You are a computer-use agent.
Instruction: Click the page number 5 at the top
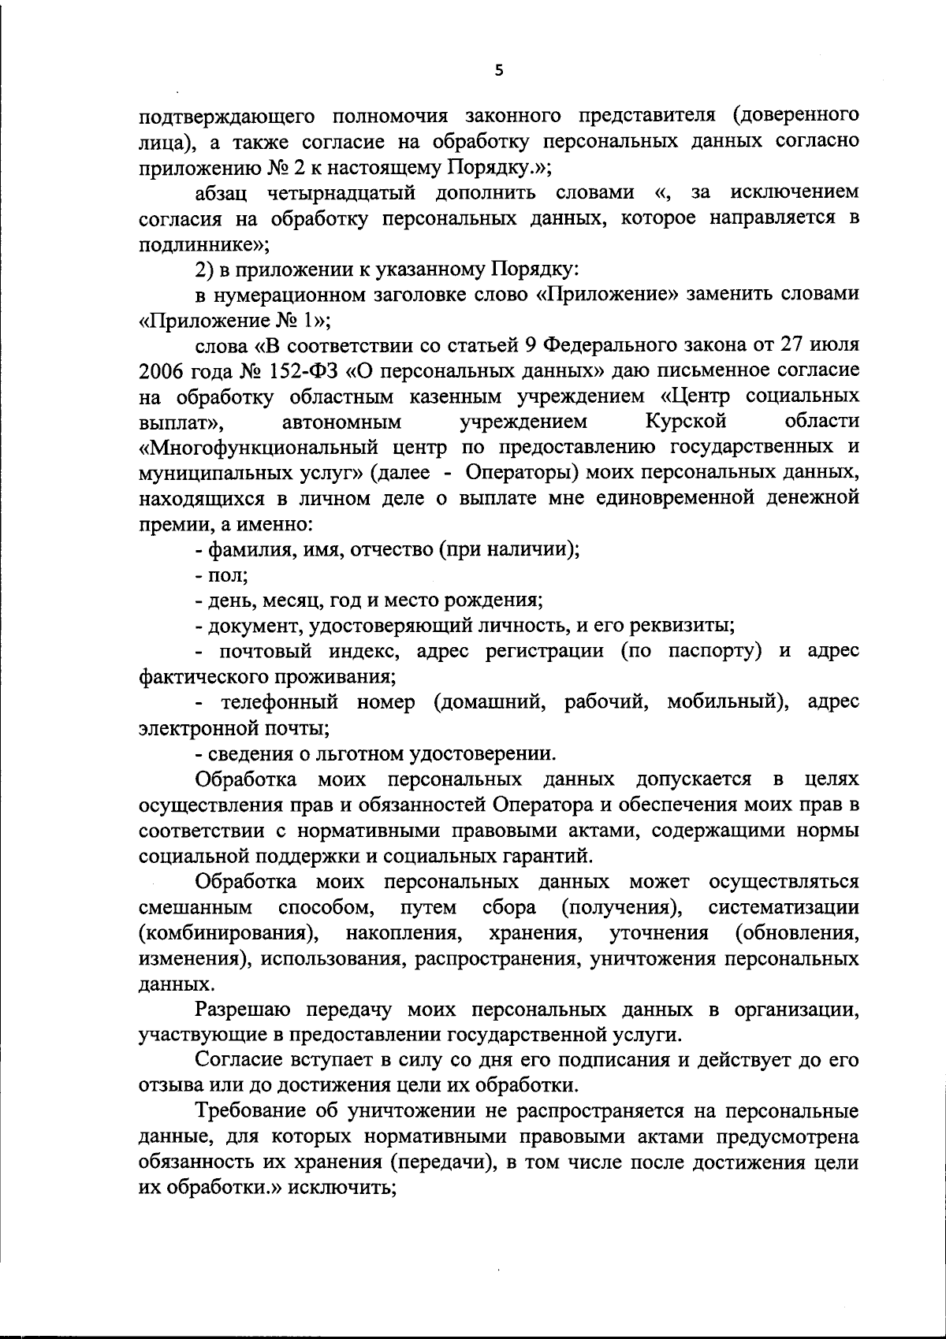coord(497,70)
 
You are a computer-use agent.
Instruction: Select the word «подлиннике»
coord(202,244)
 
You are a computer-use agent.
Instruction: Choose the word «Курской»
coord(685,422)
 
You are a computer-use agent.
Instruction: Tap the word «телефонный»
coord(280,702)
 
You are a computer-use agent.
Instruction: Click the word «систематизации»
coord(784,908)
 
